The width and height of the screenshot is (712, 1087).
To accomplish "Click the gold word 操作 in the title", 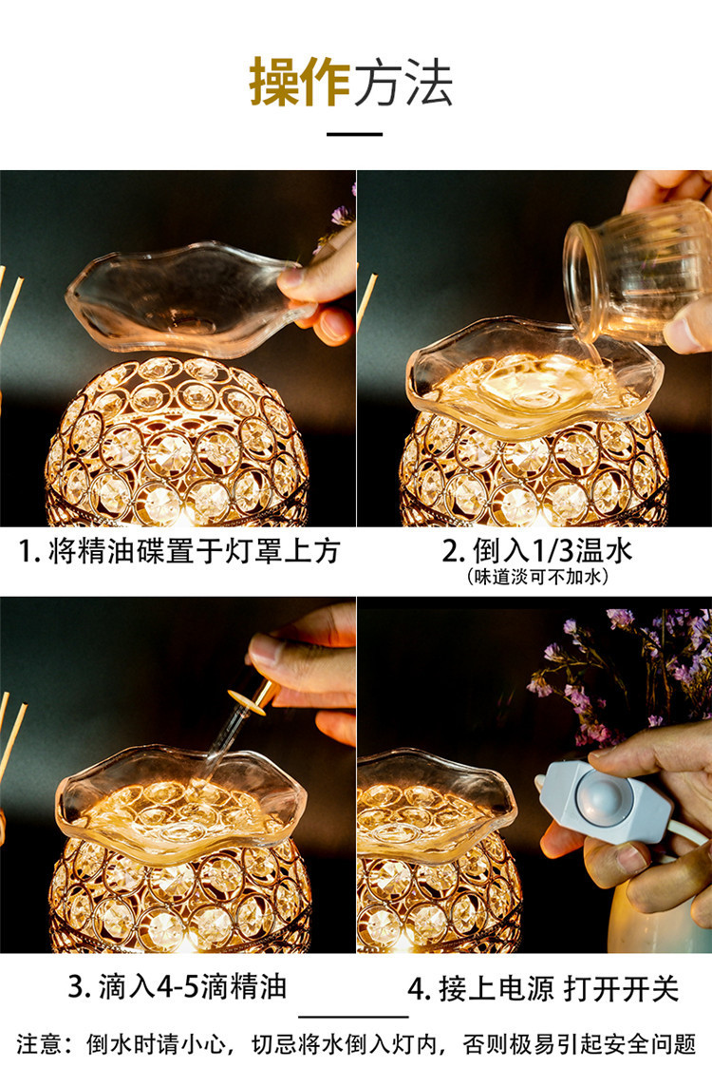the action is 299,82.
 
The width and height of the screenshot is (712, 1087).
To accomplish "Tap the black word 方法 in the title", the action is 403,82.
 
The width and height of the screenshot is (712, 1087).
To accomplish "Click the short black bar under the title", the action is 355,134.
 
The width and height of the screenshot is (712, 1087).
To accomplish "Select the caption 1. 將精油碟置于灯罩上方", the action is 178,551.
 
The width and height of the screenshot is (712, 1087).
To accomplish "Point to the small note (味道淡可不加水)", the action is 537,576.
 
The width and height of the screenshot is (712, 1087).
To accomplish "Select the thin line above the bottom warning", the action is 355,1017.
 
